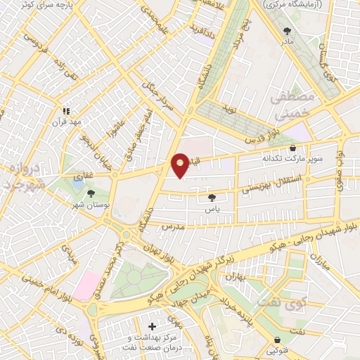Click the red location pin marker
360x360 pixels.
click(x=181, y=165)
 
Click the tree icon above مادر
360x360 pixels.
click(x=287, y=30)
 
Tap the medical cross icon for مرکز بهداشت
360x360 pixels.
click(x=153, y=326)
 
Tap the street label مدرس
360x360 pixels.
click(x=172, y=227)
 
